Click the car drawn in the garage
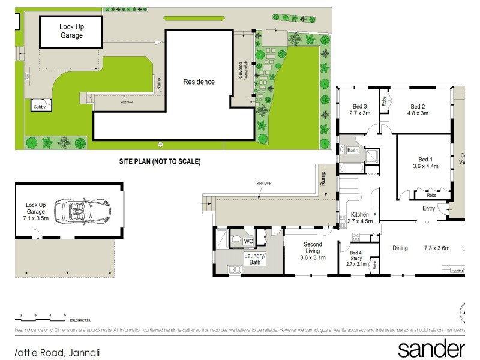[82, 211]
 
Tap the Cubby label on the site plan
[39, 107]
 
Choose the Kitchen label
[360, 214]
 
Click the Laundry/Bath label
[256, 259]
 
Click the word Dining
[400, 248]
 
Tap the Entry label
[428, 209]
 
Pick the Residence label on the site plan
[199, 82]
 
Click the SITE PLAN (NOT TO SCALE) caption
[159, 162]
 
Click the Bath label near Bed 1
[352, 150]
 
